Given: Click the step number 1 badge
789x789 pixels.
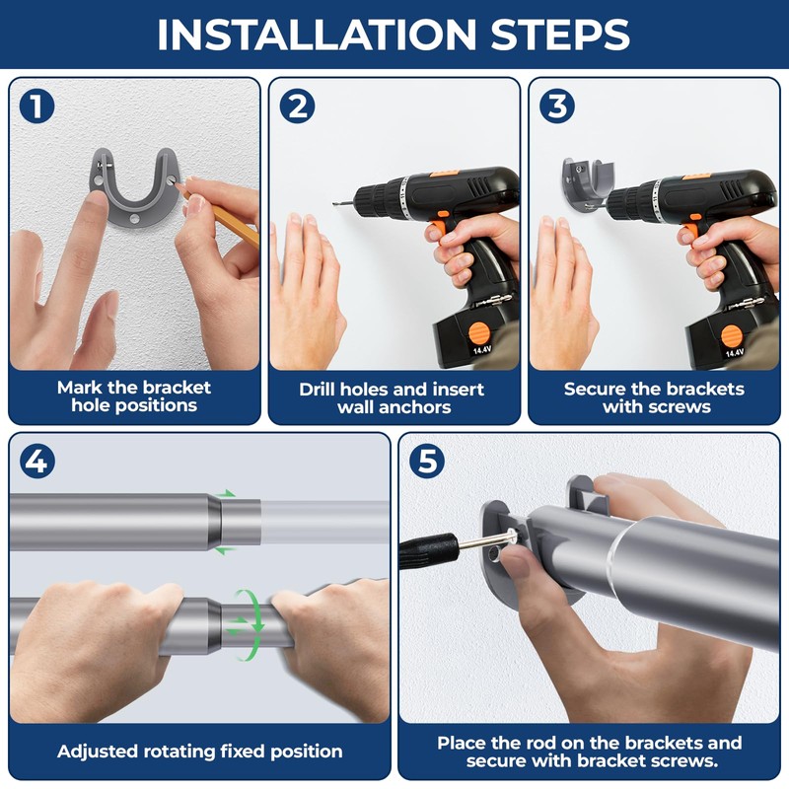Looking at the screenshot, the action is coord(36,107).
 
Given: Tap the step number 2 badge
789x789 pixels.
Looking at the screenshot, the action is coord(297,107).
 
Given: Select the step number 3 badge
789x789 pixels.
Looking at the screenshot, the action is coord(557,107).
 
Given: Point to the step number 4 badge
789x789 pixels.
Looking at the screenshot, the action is coord(36,462).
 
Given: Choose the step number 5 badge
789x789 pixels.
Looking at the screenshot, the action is coord(427,462).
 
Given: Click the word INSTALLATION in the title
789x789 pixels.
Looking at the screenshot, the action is coord(317,35).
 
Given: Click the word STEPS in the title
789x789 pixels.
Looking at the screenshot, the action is coord(560,35).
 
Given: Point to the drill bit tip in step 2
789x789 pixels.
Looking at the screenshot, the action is coord(333,203).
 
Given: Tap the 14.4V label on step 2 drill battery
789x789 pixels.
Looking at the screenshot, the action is coord(481,349).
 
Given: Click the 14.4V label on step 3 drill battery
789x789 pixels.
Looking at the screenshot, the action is coord(734,352).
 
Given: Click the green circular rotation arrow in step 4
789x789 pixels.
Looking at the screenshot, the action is coord(251,624).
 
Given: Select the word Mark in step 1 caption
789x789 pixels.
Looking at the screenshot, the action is coord(80,388).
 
